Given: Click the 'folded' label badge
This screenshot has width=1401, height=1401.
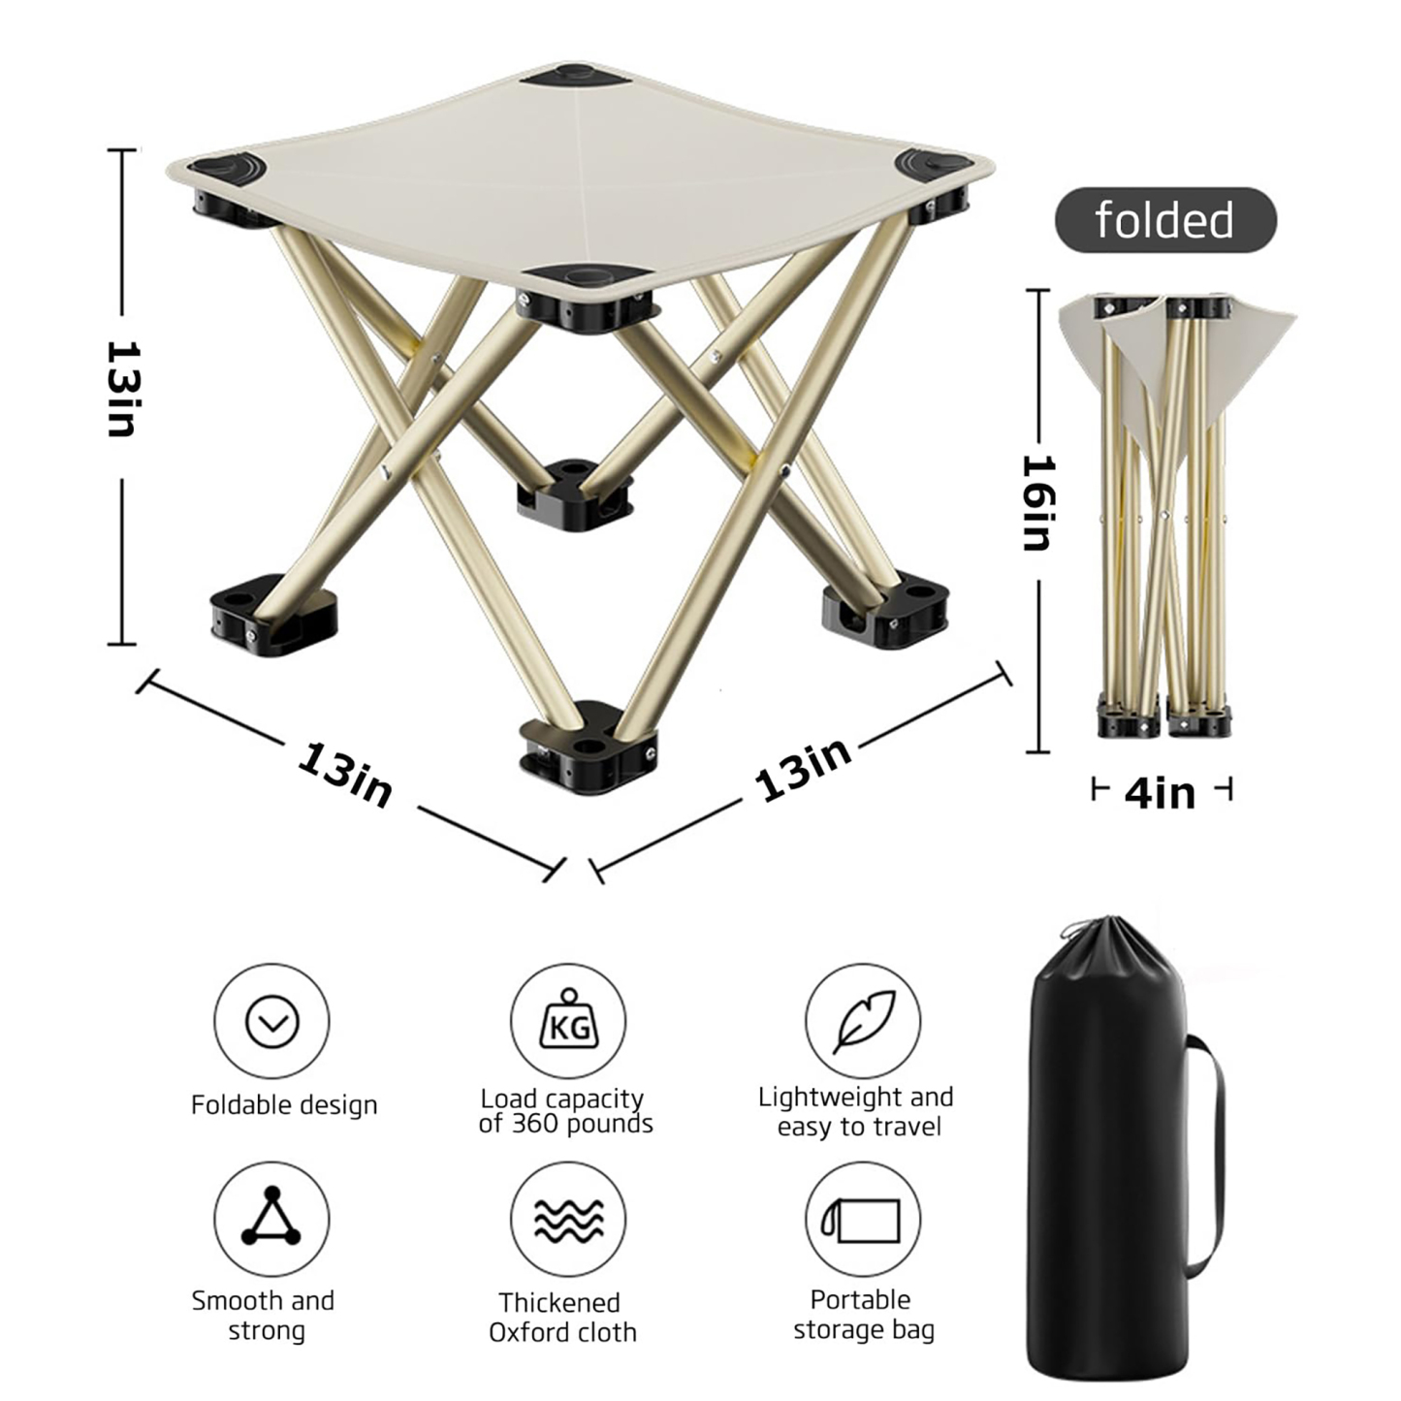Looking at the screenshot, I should [1164, 220].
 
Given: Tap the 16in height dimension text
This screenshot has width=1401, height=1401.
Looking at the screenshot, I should [1037, 503].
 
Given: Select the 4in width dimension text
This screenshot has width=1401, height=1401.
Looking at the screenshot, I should [1161, 793].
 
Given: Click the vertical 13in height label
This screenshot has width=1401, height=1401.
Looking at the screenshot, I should [122, 388].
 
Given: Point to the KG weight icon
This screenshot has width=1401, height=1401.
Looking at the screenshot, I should [568, 1021].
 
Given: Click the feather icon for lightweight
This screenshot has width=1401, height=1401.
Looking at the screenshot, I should [863, 1021].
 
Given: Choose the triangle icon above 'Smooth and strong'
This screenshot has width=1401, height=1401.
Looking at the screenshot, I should [271, 1218].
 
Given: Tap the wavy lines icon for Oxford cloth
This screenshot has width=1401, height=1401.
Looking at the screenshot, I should [568, 1220].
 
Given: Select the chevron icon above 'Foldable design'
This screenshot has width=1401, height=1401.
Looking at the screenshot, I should [271, 1021].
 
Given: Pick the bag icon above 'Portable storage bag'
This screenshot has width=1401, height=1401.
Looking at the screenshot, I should [862, 1220].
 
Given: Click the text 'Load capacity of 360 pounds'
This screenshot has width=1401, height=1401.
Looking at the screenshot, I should [565, 1111].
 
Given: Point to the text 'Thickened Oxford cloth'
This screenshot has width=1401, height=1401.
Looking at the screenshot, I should [562, 1317].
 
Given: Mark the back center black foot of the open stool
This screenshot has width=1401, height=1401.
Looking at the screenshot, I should [573, 493].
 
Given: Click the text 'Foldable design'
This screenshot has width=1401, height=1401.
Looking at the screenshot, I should [284, 1105].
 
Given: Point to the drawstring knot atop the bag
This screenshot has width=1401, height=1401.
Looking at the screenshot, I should [1069, 932].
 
